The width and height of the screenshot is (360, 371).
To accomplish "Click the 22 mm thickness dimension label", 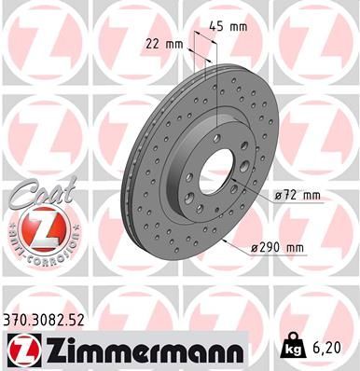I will [165, 43].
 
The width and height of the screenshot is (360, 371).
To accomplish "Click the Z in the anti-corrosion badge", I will [35, 227].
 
